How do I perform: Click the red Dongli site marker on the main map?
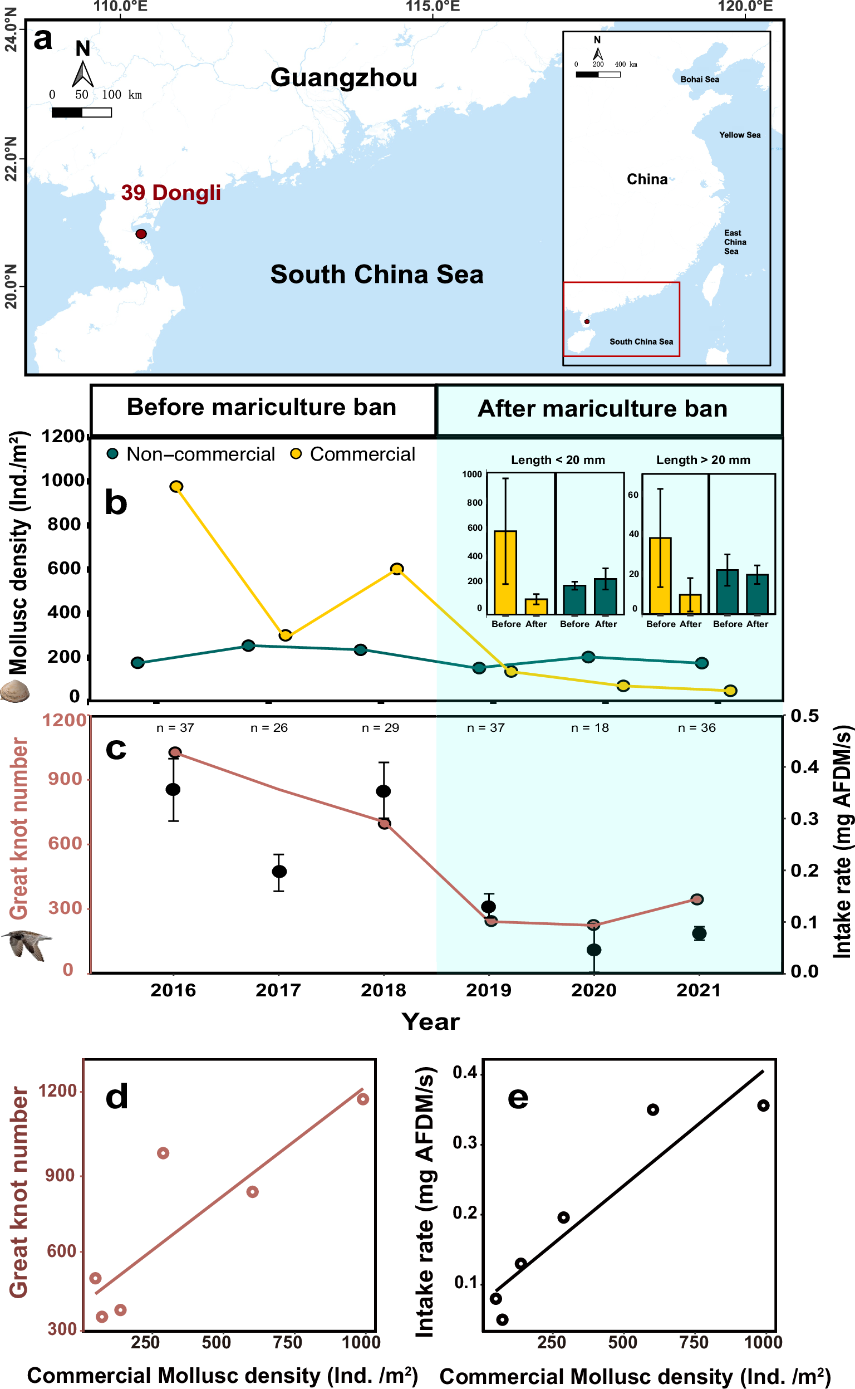pos(141,234)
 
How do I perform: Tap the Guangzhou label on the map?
pos(343,77)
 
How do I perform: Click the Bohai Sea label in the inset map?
pos(700,79)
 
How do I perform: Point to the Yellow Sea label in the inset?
pos(739,135)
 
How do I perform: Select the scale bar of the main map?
pos(81,112)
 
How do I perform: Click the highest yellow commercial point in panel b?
pos(176,486)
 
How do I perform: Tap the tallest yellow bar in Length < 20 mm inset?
pos(505,571)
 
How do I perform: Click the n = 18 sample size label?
pos(590,727)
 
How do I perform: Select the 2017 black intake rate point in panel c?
pos(279,871)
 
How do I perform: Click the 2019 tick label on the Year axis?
pos(489,990)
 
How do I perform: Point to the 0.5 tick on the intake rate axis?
pos(804,716)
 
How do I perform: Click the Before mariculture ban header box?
pos(262,408)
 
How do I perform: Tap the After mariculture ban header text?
pos(602,408)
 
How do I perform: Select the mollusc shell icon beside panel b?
pos(14,691)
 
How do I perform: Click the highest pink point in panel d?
pos(362,1099)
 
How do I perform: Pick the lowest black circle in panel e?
pos(502,1319)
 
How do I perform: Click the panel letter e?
pos(518,1098)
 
